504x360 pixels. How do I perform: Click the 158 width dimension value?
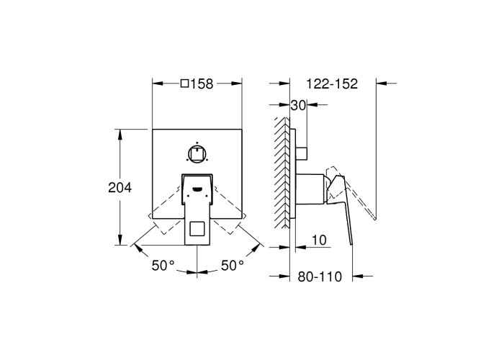202,84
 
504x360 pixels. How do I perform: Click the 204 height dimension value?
120,187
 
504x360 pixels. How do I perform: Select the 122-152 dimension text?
332,84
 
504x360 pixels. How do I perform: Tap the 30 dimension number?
298,105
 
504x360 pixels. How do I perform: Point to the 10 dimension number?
319,240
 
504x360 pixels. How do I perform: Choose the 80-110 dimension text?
320,276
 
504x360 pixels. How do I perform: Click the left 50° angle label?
163,266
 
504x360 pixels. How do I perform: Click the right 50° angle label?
233,266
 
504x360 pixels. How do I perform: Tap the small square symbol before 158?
184,84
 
